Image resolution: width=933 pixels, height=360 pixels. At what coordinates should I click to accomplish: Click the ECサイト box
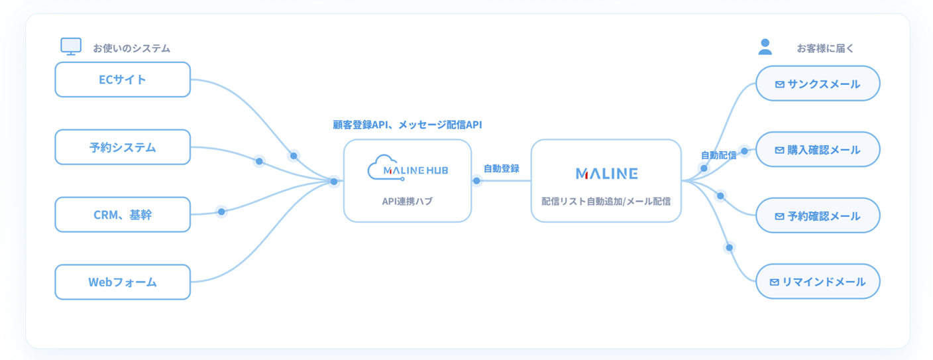[123, 80]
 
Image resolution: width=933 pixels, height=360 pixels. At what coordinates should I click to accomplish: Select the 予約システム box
[123, 147]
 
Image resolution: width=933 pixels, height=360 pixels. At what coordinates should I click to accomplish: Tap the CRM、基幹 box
[123, 215]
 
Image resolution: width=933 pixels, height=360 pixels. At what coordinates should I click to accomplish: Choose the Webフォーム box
[123, 282]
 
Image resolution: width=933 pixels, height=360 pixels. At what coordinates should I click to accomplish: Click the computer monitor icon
[71, 46]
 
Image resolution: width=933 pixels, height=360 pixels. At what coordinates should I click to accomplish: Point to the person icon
[765, 46]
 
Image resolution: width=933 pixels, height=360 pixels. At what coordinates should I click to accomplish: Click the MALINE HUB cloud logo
[408, 168]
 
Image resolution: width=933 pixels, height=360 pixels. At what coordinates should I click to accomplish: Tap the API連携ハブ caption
[408, 202]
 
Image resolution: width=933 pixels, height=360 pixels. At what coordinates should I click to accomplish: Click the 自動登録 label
[501, 169]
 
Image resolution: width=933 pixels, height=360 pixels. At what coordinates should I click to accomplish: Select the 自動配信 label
[718, 155]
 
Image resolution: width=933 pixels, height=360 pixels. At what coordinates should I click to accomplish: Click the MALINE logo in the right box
[606, 173]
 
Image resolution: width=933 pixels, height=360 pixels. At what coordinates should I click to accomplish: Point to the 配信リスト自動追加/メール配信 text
[606, 202]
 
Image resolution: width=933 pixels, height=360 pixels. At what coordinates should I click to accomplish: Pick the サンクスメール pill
[818, 84]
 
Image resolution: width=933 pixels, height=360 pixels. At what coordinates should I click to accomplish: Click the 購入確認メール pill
[818, 150]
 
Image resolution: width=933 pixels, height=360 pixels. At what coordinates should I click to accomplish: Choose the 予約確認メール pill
[818, 215]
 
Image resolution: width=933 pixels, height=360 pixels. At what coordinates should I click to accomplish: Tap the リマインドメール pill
[818, 281]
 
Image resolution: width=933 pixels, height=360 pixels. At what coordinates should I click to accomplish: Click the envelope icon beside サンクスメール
[780, 85]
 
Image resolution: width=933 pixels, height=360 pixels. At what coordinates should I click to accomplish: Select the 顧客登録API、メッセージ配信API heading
[408, 125]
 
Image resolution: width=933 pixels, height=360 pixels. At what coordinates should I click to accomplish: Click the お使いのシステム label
[132, 48]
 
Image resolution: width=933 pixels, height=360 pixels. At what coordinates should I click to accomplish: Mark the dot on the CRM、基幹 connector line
[221, 211]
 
